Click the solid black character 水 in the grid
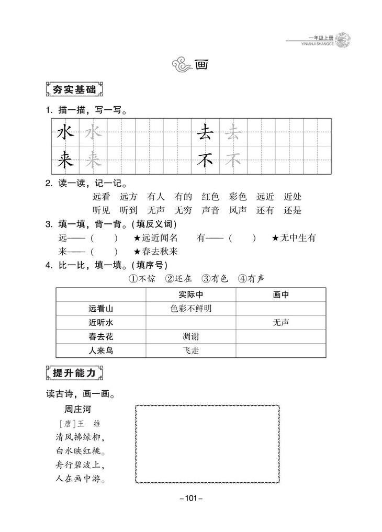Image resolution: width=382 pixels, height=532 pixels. pyautogui.click(x=65, y=133)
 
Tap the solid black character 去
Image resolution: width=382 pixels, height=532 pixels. pyautogui.click(x=204, y=133)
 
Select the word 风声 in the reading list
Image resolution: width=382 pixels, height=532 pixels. pyautogui.click(x=238, y=211)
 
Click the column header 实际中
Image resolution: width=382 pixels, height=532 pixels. pyautogui.click(x=190, y=295)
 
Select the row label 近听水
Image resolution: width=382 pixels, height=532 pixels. pyautogui.click(x=101, y=323)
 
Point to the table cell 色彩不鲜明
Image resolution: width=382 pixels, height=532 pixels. pyautogui.click(x=190, y=309)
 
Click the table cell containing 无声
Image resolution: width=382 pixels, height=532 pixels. pyautogui.click(x=280, y=323)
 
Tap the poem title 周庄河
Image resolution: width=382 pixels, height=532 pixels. pyautogui.click(x=78, y=409)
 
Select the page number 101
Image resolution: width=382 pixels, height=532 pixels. pyautogui.click(x=190, y=499)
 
